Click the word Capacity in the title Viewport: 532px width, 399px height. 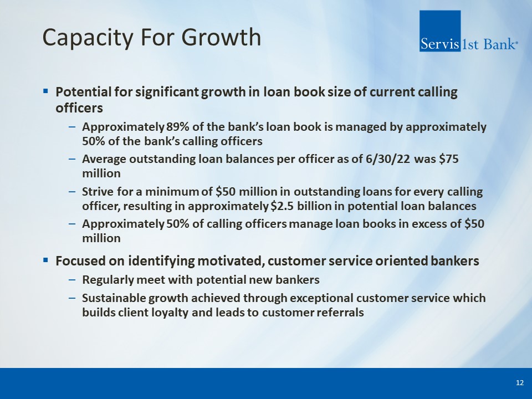88,38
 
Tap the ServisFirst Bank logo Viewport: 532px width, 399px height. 469,31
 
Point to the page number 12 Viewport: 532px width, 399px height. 519,383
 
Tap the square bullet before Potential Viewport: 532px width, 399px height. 45,91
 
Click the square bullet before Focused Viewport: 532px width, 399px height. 45,260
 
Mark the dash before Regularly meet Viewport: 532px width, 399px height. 72,280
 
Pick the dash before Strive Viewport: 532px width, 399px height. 72,192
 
